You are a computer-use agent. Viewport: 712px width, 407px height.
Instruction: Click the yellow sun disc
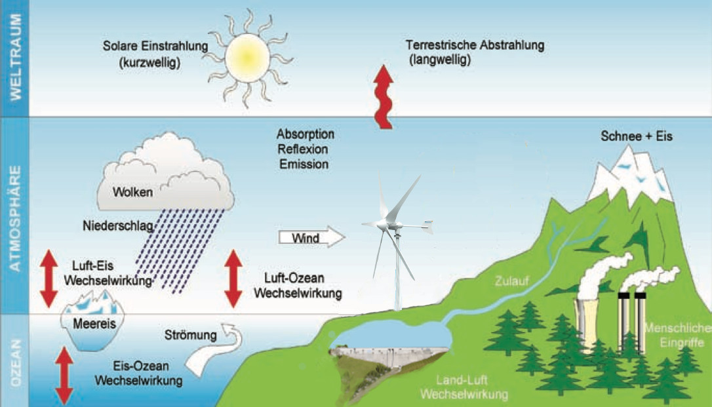coord(247,56)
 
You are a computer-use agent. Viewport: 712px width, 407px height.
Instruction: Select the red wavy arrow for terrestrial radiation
coord(384,98)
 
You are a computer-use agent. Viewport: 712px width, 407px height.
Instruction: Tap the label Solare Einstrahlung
coord(155,47)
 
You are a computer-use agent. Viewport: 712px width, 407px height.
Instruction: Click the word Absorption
coord(306,134)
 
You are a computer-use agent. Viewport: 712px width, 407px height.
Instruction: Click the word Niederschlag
coord(118,227)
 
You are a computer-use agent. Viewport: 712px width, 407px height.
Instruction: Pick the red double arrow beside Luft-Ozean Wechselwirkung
coord(233,279)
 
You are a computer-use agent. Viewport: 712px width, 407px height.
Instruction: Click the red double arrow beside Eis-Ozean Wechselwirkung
coord(64,375)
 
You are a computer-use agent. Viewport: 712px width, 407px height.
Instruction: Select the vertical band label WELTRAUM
coord(18,57)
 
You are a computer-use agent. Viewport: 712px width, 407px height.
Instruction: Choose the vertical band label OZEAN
coord(18,360)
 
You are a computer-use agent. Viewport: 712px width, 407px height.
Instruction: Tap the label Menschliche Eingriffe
coord(675,334)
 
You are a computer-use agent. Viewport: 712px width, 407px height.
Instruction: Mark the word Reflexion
coord(303,149)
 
